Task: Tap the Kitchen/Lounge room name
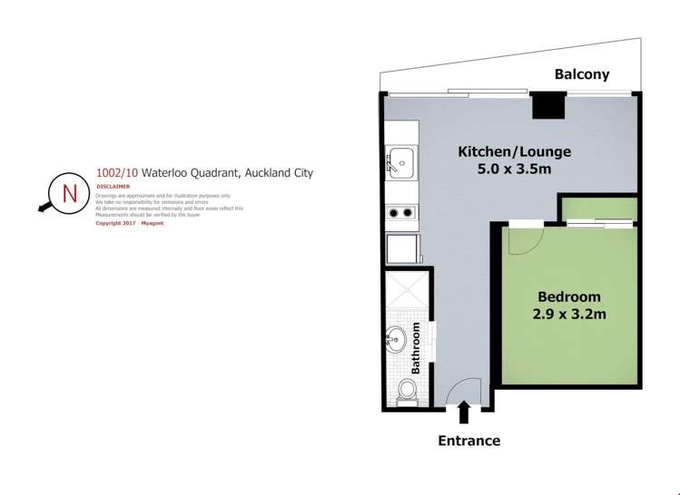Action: (x=514, y=152)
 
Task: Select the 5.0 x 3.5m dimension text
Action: (x=514, y=170)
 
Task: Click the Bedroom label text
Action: (x=569, y=296)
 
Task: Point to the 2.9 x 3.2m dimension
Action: (x=569, y=315)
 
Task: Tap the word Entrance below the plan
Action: (x=468, y=441)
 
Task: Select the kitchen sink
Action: (x=399, y=163)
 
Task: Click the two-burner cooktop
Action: (x=399, y=214)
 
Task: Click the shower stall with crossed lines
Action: (x=399, y=292)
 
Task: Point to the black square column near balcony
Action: (x=547, y=106)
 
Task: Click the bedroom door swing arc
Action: (x=520, y=239)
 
